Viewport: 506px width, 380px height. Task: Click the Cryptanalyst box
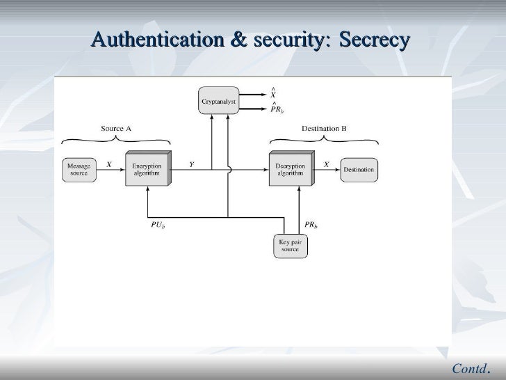[219, 102]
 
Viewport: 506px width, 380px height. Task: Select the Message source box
[79, 169]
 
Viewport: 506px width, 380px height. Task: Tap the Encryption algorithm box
[147, 169]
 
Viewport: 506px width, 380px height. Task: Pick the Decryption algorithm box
[290, 169]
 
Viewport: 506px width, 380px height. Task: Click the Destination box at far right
[358, 169]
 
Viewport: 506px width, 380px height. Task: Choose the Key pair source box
[291, 246]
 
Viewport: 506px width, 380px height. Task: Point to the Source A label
[116, 129]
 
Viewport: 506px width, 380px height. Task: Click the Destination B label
[324, 129]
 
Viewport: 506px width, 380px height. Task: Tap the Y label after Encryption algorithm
[191, 164]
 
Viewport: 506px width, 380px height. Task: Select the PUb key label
[158, 225]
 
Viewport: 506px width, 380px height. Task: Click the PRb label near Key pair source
[311, 225]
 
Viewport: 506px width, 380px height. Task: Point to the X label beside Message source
[108, 164]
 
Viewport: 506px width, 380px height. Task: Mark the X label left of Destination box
[327, 164]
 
